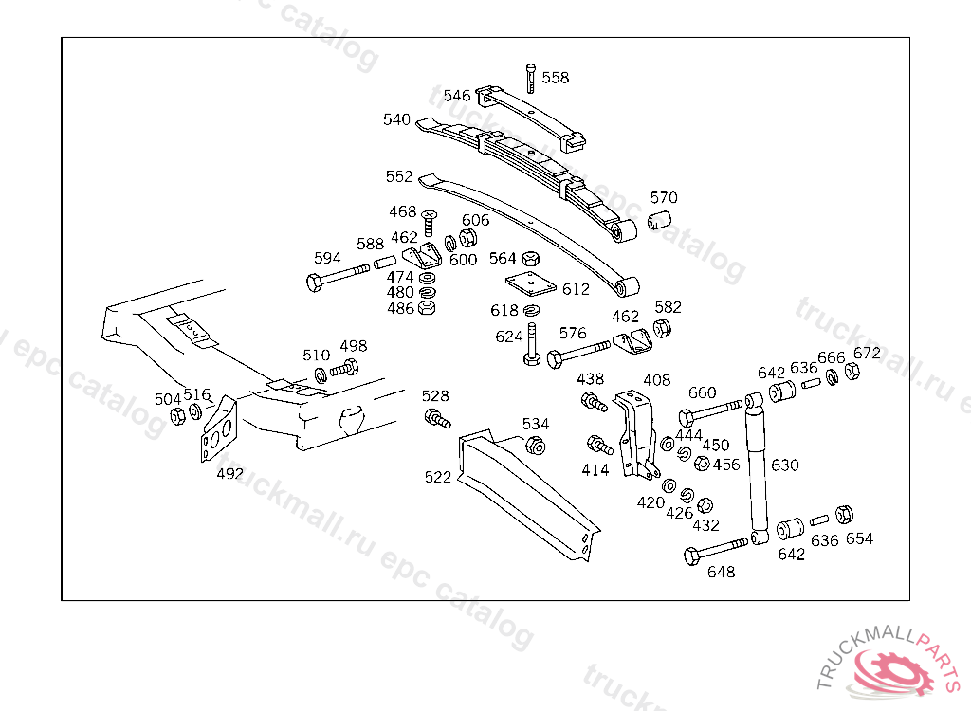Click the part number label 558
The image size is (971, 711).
[x=556, y=78]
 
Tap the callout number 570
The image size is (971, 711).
[x=664, y=198]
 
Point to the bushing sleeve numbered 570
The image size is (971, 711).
[x=660, y=222]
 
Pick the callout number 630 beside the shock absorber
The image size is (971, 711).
[x=785, y=465]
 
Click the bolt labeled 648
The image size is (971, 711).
[x=717, y=551]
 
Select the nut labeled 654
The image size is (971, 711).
[x=845, y=515]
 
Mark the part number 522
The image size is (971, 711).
[x=438, y=478]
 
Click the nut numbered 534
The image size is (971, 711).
[x=535, y=447]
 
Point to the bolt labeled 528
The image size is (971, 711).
[x=437, y=418]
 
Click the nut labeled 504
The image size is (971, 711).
[x=176, y=416]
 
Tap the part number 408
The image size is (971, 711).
[x=656, y=380]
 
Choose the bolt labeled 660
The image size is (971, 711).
[x=711, y=411]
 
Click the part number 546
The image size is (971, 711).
[x=457, y=96]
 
